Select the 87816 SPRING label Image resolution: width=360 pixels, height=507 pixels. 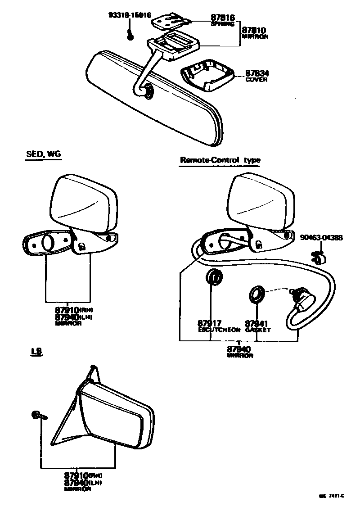[222, 21]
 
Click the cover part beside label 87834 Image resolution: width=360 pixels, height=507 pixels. [207, 74]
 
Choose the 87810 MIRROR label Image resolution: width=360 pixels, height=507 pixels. [255, 33]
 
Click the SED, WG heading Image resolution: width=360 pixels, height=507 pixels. [43, 154]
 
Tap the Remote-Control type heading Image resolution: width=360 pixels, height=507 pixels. [220, 160]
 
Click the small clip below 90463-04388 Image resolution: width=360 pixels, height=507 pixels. [319, 258]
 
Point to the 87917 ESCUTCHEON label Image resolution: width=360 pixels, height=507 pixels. [219, 326]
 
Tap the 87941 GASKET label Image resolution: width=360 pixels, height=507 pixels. [257, 326]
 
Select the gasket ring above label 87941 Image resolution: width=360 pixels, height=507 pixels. [257, 294]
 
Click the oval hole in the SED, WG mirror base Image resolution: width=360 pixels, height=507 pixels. [48, 243]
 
